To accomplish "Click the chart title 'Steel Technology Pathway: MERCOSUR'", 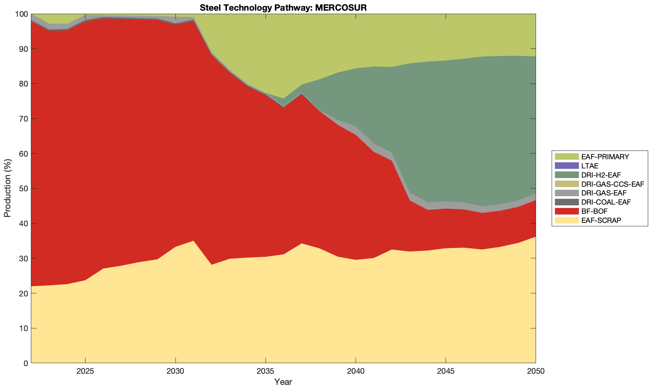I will pyautogui.click(x=283, y=7).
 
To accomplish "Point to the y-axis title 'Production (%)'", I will pyautogui.click(x=8, y=188).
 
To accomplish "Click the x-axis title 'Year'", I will pyautogui.click(x=283, y=382).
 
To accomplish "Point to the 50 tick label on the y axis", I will pyautogui.click(x=23, y=189).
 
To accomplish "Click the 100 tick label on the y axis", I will pyautogui.click(x=21, y=14).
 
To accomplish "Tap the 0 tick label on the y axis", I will pyautogui.click(x=26, y=363).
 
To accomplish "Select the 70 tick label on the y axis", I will pyautogui.click(x=23, y=119).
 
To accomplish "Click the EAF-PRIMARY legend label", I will pyautogui.click(x=605, y=157).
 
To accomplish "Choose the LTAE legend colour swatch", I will pyautogui.click(x=567, y=166).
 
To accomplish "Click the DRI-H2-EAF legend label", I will pyautogui.click(x=601, y=175).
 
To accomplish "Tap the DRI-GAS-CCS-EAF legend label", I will pyautogui.click(x=613, y=184).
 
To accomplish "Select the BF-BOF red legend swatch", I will pyautogui.click(x=567, y=211).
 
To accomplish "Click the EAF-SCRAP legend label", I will pyautogui.click(x=601, y=220).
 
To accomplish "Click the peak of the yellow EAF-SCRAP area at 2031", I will pyautogui.click(x=193, y=241).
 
